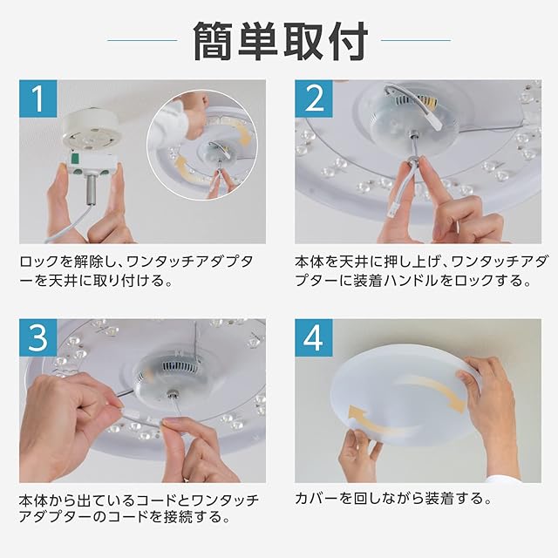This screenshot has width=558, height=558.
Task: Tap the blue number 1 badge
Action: click(38, 99)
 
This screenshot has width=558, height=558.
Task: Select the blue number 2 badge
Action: click(314, 99)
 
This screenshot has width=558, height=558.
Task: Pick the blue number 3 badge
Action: click(38, 337)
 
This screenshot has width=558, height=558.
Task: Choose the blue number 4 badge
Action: click(314, 337)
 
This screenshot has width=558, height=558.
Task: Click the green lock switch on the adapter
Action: click(75, 159)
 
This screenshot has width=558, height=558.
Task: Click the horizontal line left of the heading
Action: click(142, 40)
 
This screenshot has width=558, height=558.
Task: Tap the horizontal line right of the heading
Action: click(416, 40)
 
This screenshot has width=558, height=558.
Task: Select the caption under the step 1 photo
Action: click(136, 271)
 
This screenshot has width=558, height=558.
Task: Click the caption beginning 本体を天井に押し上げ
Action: click(420, 271)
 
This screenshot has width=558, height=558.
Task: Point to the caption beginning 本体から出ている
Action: click(139, 508)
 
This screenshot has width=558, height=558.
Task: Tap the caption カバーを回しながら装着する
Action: click(393, 498)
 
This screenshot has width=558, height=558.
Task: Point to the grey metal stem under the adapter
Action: click(89, 190)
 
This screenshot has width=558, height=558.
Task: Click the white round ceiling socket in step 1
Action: click(91, 131)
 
